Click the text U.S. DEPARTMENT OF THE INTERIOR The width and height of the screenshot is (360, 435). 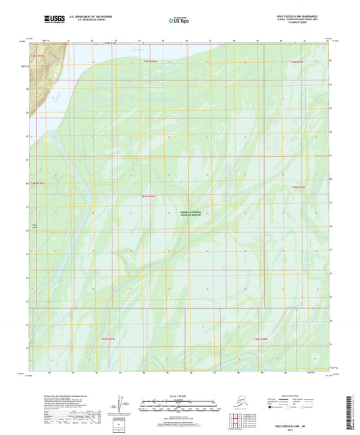pyautogui.click(x=86, y=14)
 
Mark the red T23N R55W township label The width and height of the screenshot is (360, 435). pyautogui.click(x=298, y=187)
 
